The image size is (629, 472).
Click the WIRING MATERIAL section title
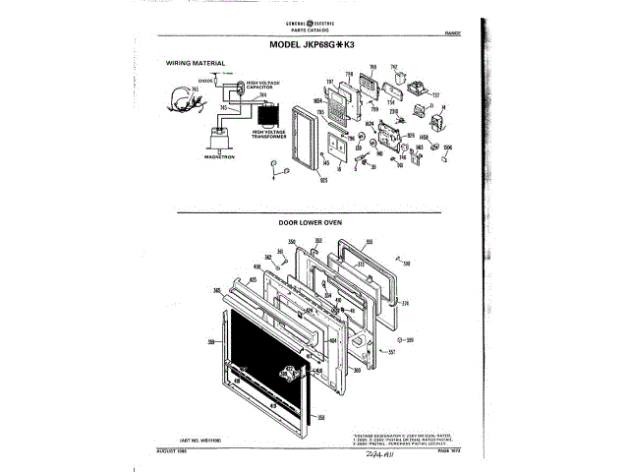(x=196, y=63)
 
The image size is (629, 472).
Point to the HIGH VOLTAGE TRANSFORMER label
(x=268, y=134)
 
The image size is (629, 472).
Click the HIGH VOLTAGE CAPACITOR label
(x=262, y=86)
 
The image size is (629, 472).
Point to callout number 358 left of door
(x=210, y=340)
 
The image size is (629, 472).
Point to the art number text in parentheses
(x=200, y=437)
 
